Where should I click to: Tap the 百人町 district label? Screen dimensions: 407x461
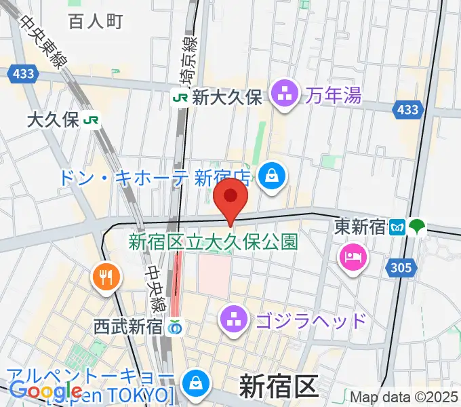(95, 21)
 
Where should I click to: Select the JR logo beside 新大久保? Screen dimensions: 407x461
(181, 97)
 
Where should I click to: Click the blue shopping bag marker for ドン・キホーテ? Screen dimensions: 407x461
(271, 176)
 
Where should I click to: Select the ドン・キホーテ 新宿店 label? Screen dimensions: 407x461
(156, 178)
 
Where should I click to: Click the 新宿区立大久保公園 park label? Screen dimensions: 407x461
(214, 241)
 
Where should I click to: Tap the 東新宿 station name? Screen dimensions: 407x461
(360, 229)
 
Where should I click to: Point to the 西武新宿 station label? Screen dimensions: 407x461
(129, 326)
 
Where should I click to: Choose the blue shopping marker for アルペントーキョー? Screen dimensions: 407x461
(195, 382)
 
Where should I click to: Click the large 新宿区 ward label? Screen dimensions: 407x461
(278, 387)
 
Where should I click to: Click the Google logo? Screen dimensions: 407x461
(46, 391)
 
